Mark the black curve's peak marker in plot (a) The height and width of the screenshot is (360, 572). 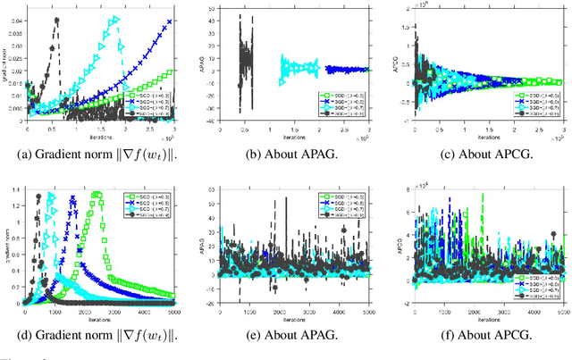57,21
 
